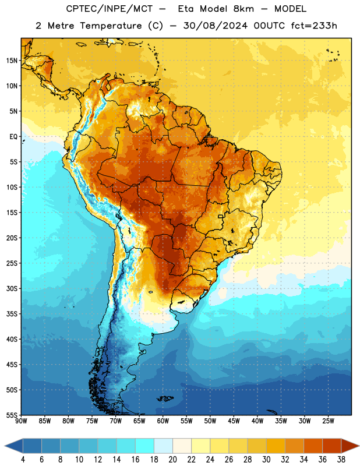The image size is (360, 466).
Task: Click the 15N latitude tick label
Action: (x=12, y=61)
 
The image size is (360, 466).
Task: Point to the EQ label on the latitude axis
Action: (x=13, y=137)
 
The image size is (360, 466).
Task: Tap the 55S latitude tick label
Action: (x=12, y=415)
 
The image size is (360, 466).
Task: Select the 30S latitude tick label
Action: (x=12, y=288)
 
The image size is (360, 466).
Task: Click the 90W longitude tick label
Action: (x=21, y=421)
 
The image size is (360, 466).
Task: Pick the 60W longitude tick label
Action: (x=163, y=421)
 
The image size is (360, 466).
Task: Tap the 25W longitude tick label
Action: (x=328, y=421)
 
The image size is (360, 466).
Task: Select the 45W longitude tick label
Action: (x=234, y=421)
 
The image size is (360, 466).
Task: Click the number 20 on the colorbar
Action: (x=172, y=460)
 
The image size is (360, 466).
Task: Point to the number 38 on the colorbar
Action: (x=341, y=460)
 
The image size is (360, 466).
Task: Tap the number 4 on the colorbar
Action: (x=23, y=460)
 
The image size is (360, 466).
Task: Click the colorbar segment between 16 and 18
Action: (x=144, y=446)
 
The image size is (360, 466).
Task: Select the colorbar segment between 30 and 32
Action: (x=276, y=446)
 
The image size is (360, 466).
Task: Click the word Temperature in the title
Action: (x=111, y=26)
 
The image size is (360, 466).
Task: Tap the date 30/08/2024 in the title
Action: (x=215, y=26)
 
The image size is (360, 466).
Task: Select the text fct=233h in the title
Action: (x=314, y=26)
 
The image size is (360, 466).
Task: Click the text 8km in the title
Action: (x=243, y=9)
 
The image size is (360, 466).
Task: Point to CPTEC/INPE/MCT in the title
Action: (x=110, y=9)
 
